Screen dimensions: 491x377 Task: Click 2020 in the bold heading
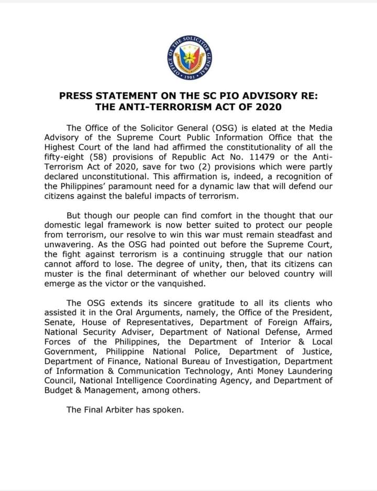point(267,107)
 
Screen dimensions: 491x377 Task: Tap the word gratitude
point(189,303)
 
